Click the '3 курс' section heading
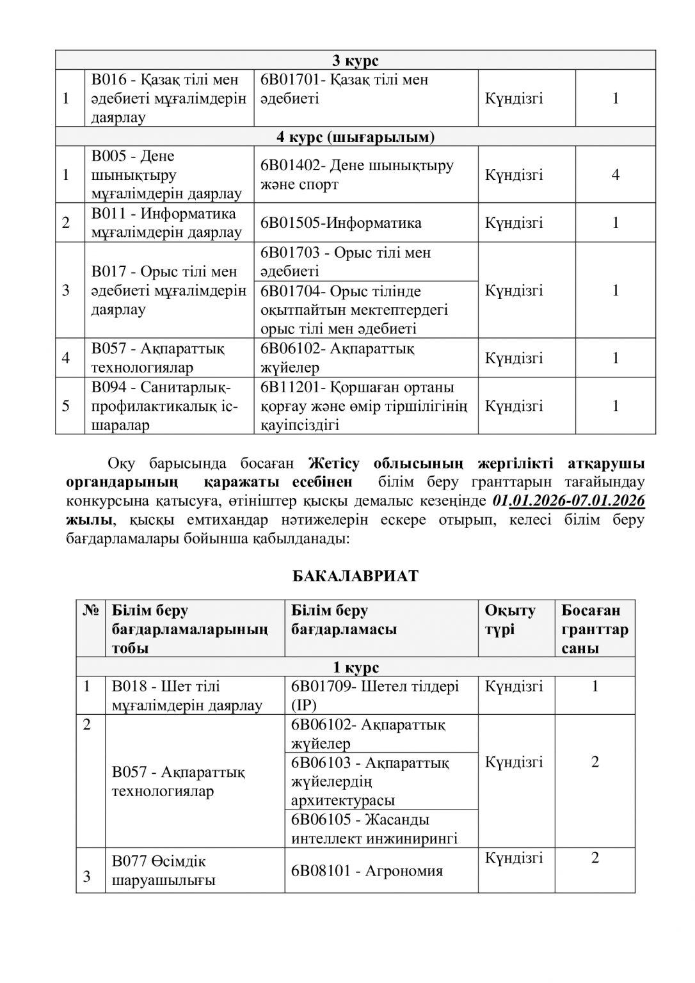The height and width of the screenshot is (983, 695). (x=355, y=61)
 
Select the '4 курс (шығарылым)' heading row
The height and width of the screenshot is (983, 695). (x=355, y=137)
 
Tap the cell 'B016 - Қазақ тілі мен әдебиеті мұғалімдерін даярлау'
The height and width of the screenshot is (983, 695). (x=169, y=99)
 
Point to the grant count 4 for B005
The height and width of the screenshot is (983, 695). (x=615, y=175)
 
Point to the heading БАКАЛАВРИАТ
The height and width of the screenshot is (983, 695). (x=355, y=575)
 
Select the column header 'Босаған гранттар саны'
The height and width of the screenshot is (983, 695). (x=595, y=628)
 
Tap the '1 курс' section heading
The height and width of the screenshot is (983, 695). (x=355, y=667)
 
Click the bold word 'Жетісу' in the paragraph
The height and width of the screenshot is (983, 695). (x=335, y=463)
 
